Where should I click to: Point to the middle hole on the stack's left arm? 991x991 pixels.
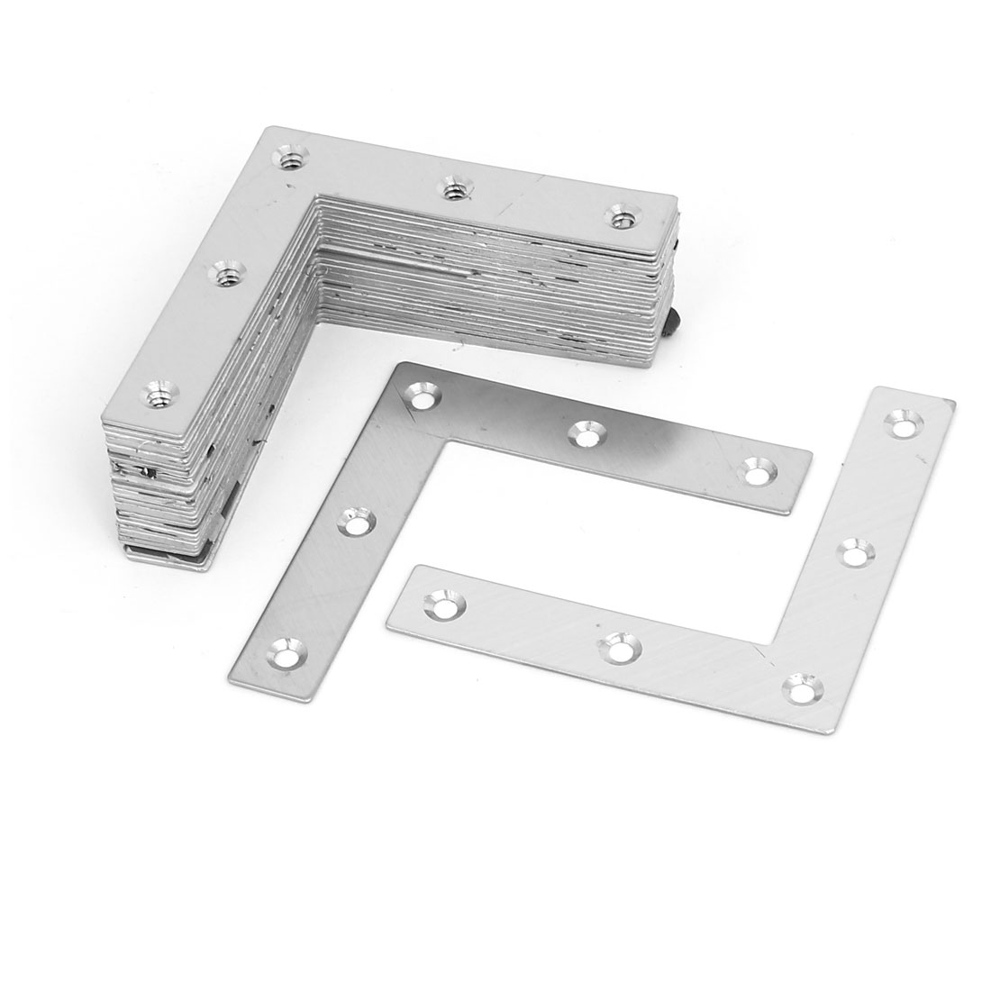click(x=222, y=270)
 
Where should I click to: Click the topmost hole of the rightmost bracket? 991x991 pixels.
click(x=901, y=421)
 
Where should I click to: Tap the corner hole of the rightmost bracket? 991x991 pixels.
click(x=797, y=687)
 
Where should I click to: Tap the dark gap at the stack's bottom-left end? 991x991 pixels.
click(x=149, y=470)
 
